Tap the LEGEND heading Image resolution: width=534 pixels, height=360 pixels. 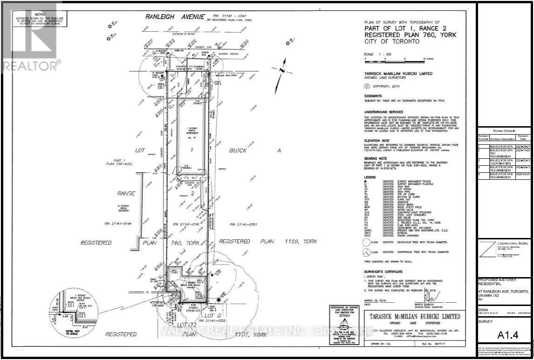click(x=370, y=177)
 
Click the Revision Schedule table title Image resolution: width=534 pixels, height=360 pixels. click(x=504, y=132)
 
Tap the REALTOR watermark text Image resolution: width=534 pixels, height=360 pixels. click(x=30, y=64)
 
